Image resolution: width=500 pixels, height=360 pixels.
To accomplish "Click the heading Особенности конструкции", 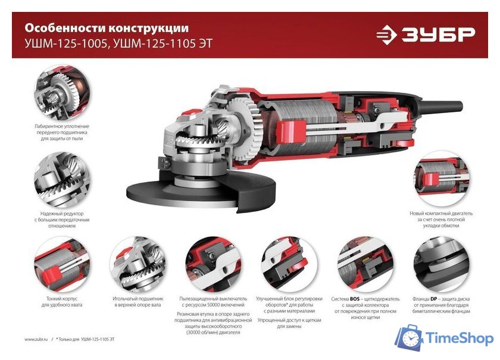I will (x=107, y=27).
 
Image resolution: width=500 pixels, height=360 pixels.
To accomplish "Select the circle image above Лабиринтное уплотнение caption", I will (x=62, y=93).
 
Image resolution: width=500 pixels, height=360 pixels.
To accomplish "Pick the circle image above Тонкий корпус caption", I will (x=62, y=264).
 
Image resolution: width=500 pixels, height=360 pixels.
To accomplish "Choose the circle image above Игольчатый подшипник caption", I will (x=137, y=264).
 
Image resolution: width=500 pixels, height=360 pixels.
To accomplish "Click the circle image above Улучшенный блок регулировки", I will (x=289, y=264).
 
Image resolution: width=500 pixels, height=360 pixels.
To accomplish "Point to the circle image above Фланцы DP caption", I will (x=441, y=264).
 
